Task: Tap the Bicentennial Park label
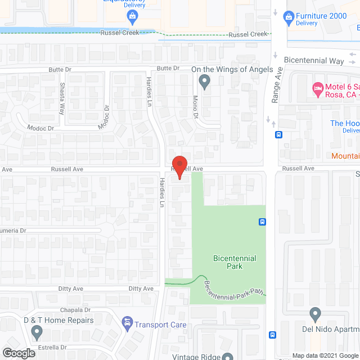tap(235, 262)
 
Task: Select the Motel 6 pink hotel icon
tap(318, 88)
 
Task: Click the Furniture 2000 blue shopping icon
tap(289, 16)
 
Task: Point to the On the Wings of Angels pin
tap(205, 83)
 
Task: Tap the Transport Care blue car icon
tap(128, 324)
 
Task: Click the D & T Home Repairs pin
tap(37, 333)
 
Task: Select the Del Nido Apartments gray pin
tap(314, 313)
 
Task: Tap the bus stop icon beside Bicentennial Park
tap(262, 222)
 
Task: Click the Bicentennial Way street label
tap(313, 60)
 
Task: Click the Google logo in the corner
tap(18, 353)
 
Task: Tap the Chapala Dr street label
tap(75, 310)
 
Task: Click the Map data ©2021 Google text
tap(325, 355)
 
